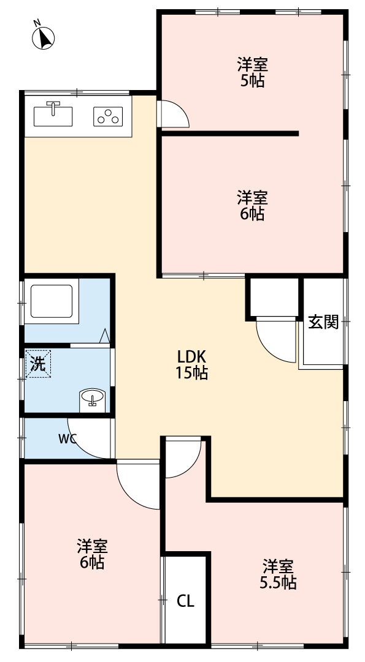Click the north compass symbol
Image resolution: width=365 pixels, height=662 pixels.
43,37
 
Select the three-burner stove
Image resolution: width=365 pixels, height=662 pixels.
108,116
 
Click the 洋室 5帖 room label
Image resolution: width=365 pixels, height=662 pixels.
252,72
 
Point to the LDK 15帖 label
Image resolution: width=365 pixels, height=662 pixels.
193,364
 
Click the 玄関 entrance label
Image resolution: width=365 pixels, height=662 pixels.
323,322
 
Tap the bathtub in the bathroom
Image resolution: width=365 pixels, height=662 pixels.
52,300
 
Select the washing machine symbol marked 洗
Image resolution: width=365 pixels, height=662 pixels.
38,365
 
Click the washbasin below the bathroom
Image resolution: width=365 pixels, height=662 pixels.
93,399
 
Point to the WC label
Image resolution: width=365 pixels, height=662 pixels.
68,438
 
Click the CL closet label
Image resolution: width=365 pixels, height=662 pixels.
185,601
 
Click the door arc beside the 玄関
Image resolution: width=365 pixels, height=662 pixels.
276,340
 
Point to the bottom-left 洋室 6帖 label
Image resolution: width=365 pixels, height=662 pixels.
92,554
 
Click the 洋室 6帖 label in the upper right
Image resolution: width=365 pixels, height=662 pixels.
252,206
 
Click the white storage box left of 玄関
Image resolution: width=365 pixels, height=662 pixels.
272,298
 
